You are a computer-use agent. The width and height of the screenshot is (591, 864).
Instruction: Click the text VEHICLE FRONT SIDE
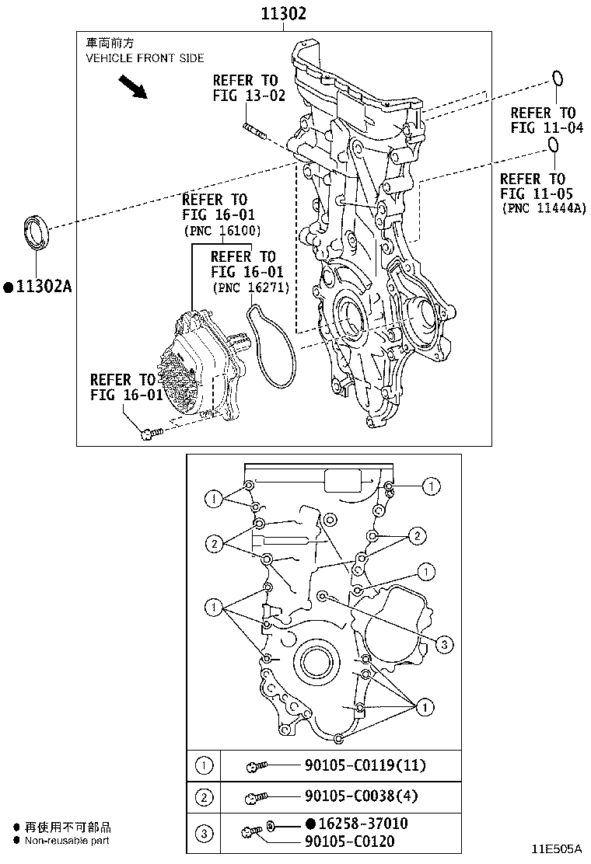coord(145,58)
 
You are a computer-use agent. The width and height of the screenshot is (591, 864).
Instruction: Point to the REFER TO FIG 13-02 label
coord(245,88)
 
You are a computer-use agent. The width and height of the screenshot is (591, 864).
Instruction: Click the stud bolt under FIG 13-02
coord(254,131)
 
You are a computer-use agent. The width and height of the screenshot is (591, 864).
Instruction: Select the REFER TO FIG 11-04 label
coord(547,120)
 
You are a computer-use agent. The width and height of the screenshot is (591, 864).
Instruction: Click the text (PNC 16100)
coord(222,231)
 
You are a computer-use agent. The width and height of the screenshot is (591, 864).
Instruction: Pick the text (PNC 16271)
coord(250,287)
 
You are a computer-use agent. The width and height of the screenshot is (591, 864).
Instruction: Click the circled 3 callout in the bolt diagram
coord(443,644)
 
